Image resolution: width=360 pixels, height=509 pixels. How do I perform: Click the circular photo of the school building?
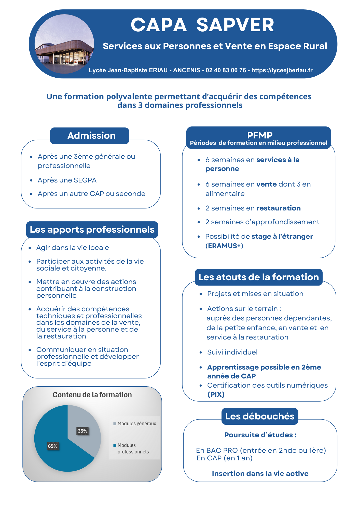point(64,44)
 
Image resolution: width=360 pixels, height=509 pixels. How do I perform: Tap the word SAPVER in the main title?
point(235,25)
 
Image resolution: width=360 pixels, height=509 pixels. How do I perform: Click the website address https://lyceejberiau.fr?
point(282,70)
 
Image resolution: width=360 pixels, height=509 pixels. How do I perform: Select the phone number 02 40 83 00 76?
point(226,70)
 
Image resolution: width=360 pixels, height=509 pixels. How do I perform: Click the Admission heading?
point(91,136)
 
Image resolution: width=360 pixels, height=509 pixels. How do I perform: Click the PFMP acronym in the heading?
point(260,135)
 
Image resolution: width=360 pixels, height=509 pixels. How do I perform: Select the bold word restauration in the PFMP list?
point(279,208)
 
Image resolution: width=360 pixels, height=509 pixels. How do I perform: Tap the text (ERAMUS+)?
point(224,246)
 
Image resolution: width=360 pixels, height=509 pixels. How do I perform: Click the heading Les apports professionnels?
point(92,230)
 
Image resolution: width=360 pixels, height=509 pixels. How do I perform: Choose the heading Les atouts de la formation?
point(259,277)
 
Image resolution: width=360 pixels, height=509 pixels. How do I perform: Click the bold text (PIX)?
point(216,394)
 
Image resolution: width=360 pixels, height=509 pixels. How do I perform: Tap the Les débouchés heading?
point(260,416)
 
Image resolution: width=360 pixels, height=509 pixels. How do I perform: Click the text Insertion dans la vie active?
point(260,474)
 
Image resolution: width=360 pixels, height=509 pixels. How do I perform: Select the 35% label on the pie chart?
point(82,431)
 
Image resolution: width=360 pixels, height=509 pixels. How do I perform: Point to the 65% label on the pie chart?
point(53,446)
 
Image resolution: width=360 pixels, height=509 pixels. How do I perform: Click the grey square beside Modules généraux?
point(115,424)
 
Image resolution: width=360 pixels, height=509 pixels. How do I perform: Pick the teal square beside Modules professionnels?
point(115,445)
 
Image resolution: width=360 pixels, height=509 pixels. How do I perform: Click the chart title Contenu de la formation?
point(92,395)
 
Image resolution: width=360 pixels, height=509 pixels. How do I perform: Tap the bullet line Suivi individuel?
point(232,352)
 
